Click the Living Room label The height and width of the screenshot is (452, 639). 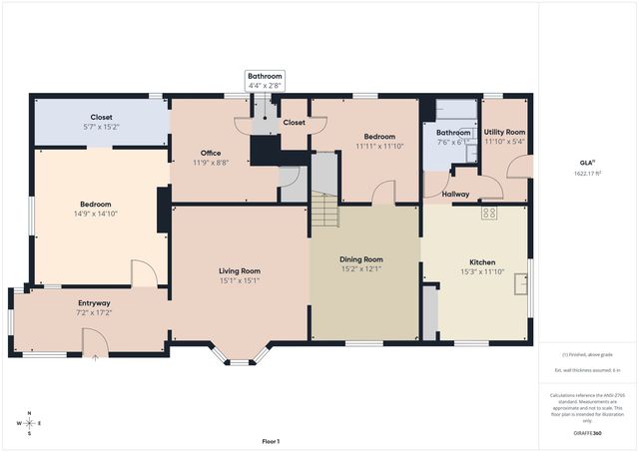tap(240, 270)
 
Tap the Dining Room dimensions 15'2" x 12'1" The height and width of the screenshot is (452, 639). tap(361, 268)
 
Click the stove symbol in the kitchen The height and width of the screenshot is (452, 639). tap(489, 213)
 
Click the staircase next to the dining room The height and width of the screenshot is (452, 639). tap(324, 209)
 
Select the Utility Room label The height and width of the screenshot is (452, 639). tap(504, 132)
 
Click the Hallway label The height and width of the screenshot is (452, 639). tap(456, 194)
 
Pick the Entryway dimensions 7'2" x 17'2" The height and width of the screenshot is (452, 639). tap(94, 313)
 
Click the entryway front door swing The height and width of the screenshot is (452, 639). tap(95, 344)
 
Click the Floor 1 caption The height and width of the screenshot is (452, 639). tap(271, 441)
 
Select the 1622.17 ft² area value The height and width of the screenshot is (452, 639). tap(588, 174)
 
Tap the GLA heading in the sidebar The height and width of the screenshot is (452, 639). tap(587, 162)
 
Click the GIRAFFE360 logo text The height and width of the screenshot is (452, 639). tap(588, 434)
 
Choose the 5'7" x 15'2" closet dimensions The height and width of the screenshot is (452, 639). tap(102, 128)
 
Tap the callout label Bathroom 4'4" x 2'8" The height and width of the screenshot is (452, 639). tap(266, 81)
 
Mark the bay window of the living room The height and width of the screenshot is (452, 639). tap(240, 354)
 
